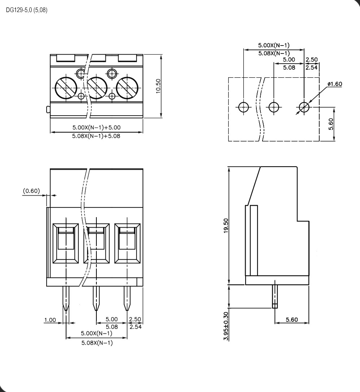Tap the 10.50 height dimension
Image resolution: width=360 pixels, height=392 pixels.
pyautogui.click(x=158, y=86)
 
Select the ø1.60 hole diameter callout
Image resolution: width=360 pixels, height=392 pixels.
pyautogui.click(x=334, y=84)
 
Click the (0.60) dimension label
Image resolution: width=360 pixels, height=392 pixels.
pyautogui.click(x=31, y=190)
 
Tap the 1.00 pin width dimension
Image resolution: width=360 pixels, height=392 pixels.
pyautogui.click(x=50, y=320)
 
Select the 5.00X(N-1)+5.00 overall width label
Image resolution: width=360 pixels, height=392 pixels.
pyautogui.click(x=96, y=128)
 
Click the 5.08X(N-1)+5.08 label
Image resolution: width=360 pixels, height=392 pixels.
pyautogui.click(x=96, y=136)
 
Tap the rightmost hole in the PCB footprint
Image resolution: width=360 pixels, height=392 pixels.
pyautogui.click(x=304, y=107)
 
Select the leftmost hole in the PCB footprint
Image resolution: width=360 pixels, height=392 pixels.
pyautogui.click(x=244, y=107)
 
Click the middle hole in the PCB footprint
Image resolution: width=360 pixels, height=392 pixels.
pyautogui.click(x=274, y=107)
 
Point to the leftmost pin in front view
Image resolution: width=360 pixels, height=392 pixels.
pyautogui.click(x=66, y=298)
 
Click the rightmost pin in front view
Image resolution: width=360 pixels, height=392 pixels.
pyautogui.click(x=127, y=298)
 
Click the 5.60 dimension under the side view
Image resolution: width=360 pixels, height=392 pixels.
pyautogui.click(x=292, y=319)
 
